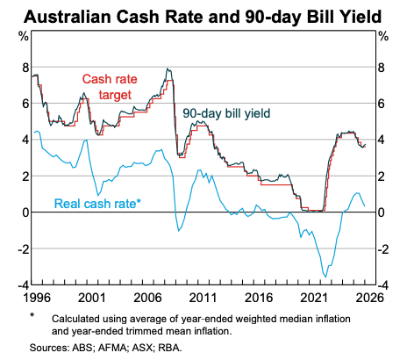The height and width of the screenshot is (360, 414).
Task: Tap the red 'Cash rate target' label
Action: click(x=111, y=86)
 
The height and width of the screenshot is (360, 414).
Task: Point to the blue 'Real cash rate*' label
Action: click(x=98, y=204)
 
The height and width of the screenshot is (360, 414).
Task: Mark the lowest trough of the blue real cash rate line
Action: click(x=325, y=277)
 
